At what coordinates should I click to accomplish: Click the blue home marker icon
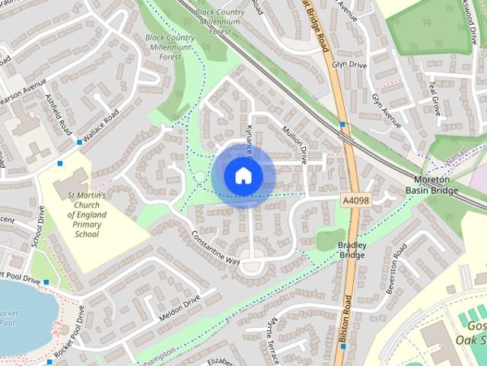[243, 175]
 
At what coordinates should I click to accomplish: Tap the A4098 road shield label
[355, 199]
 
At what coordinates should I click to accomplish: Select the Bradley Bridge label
[352, 250]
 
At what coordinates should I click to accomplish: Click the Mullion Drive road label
[294, 145]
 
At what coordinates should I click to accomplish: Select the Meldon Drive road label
[179, 307]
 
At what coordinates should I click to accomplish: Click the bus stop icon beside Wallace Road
[79, 143]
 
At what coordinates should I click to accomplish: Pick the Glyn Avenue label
[386, 111]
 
